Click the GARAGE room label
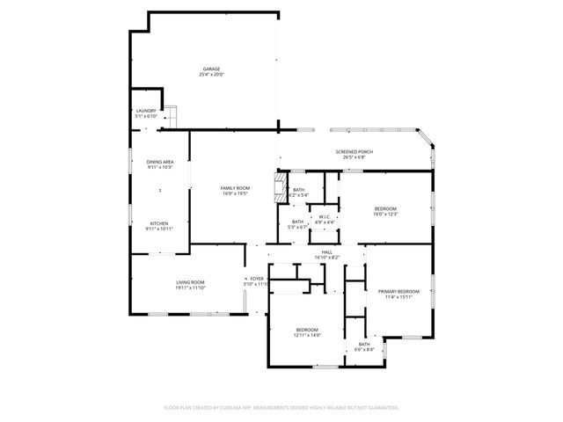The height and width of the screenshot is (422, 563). (211, 69)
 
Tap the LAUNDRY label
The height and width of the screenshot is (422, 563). (145, 111)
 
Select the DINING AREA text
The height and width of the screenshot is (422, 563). (159, 162)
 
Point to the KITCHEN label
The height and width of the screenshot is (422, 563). (159, 223)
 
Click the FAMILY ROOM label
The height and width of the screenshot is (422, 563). (235, 187)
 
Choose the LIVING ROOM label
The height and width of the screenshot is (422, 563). (189, 282)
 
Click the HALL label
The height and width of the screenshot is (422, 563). (326, 251)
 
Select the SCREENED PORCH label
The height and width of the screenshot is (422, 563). (354, 152)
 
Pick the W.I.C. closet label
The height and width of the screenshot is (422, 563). (325, 216)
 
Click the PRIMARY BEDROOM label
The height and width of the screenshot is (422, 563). (398, 291)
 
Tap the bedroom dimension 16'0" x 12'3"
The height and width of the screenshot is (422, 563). (386, 214)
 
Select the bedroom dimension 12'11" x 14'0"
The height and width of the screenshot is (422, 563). (307, 335)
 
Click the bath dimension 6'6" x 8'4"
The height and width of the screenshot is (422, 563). (363, 349)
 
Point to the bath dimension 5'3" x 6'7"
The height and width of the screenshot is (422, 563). (298, 227)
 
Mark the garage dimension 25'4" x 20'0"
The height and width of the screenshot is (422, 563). (211, 75)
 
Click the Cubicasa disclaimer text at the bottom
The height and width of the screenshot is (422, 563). (281, 407)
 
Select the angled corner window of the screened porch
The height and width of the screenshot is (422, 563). (424, 139)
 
